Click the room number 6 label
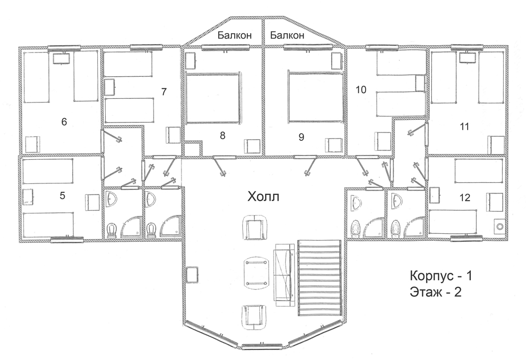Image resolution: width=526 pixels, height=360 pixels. click(64, 122)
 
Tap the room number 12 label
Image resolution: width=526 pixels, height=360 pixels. click(465, 198)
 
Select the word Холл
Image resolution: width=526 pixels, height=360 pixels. click(264, 197)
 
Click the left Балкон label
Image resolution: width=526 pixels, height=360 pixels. click(235, 35)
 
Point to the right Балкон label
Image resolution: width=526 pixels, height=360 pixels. click(287, 35)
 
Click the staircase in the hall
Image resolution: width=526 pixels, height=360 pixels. click(319, 277)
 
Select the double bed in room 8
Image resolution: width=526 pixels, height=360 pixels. click(214, 97)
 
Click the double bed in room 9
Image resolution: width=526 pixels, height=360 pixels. click(316, 97)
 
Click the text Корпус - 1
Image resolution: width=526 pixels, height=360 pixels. click(441, 276)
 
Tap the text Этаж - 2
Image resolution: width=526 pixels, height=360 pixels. click(436, 292)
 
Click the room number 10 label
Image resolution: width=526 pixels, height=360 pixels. click(361, 90)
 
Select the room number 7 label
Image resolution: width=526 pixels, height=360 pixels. click(164, 91)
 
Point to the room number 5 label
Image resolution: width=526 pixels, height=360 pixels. click(63, 196)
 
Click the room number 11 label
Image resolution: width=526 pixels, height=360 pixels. click(464, 127)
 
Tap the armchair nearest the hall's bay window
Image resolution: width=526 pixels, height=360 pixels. click(255, 315)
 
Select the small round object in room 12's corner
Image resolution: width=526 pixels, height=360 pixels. click(500, 226)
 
